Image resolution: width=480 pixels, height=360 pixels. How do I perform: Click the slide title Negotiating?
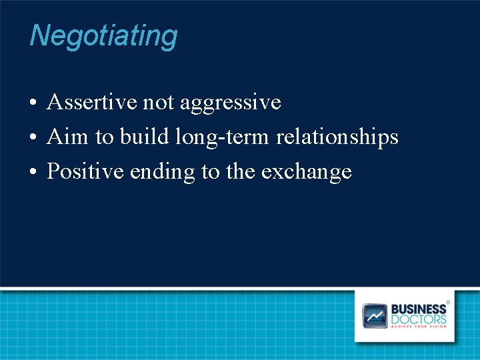click(103, 36)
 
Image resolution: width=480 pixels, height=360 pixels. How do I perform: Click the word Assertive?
click(92, 103)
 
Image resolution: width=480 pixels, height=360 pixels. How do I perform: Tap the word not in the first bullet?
click(159, 103)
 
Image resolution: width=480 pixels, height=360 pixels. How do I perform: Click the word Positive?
click(85, 172)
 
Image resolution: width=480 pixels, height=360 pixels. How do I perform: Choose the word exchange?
click(306, 173)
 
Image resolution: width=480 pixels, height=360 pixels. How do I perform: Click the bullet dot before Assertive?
click(33, 104)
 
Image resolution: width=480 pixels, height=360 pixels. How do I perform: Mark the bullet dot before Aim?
click(33, 139)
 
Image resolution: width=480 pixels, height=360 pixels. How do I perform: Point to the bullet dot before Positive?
click(33, 173)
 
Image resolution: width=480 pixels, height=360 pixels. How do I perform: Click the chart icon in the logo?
click(375, 315)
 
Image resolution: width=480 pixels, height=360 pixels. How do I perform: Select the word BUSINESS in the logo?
click(419, 309)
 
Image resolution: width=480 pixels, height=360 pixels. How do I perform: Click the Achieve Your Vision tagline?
click(419, 327)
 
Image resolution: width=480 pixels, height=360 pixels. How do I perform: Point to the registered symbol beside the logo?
click(448, 303)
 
